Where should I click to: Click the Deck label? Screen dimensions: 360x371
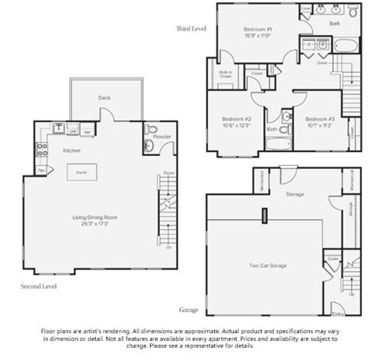pos(104,98)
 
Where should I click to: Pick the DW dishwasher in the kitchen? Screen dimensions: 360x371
pos(73,131)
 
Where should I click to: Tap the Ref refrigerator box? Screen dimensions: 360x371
pos(87,131)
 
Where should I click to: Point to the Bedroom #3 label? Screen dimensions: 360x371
pos(318,118)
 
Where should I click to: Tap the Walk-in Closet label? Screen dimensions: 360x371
pos(226,76)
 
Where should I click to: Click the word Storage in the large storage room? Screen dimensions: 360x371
pos(294,194)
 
